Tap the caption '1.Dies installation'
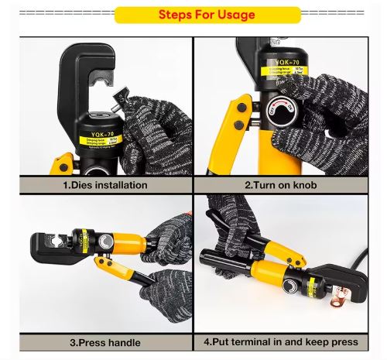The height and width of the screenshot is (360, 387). (x=104, y=185)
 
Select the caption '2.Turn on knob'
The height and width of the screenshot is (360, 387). (x=281, y=185)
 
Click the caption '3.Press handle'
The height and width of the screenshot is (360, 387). (x=104, y=341)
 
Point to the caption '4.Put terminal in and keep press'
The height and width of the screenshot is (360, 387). (x=281, y=341)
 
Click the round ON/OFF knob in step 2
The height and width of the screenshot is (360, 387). (x=277, y=111)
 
